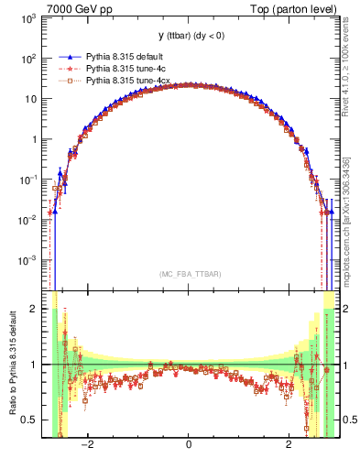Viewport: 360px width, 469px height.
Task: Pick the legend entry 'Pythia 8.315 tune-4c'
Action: coord(125,69)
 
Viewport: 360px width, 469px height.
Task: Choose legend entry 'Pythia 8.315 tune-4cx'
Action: coord(127,81)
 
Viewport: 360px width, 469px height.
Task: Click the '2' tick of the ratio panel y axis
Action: coord(33,309)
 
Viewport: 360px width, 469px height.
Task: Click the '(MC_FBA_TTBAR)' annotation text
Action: coord(188,274)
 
